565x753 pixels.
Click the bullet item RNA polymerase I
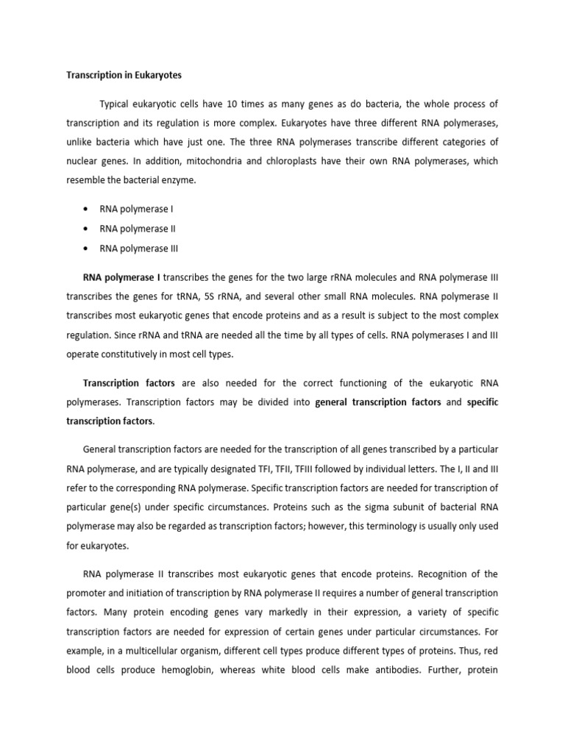(136, 209)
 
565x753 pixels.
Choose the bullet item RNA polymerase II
(138, 229)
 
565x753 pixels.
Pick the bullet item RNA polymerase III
(139, 249)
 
